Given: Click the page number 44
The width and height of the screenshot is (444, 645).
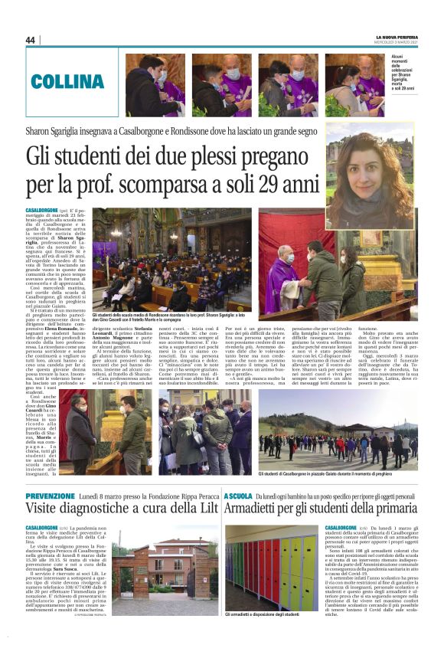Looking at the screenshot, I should click(x=31, y=40).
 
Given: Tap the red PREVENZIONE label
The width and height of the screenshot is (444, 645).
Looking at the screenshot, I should click(x=50, y=496).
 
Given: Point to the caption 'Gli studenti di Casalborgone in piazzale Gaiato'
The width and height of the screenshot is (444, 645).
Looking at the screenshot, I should click(x=337, y=474).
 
